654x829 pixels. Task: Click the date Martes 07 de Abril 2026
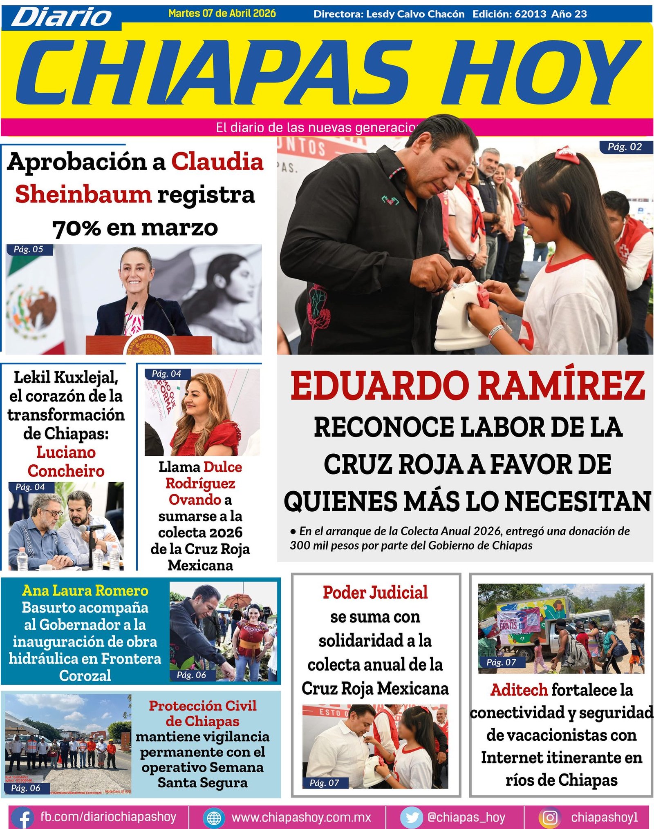click(x=222, y=13)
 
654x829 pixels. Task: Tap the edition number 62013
click(x=530, y=14)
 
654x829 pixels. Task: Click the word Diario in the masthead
click(x=61, y=17)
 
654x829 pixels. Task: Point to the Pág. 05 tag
click(x=29, y=250)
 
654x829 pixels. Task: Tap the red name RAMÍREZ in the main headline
click(x=562, y=386)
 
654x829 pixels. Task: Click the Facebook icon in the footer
click(x=24, y=818)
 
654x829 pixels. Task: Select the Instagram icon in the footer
click(x=550, y=818)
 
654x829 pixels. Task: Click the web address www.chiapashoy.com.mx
click(x=301, y=817)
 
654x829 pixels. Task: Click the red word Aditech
click(x=519, y=690)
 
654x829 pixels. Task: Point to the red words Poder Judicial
click(x=375, y=593)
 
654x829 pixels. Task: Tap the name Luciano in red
click(x=66, y=452)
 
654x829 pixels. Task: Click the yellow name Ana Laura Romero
click(x=85, y=591)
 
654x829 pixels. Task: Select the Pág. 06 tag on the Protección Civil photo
click(x=26, y=788)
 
